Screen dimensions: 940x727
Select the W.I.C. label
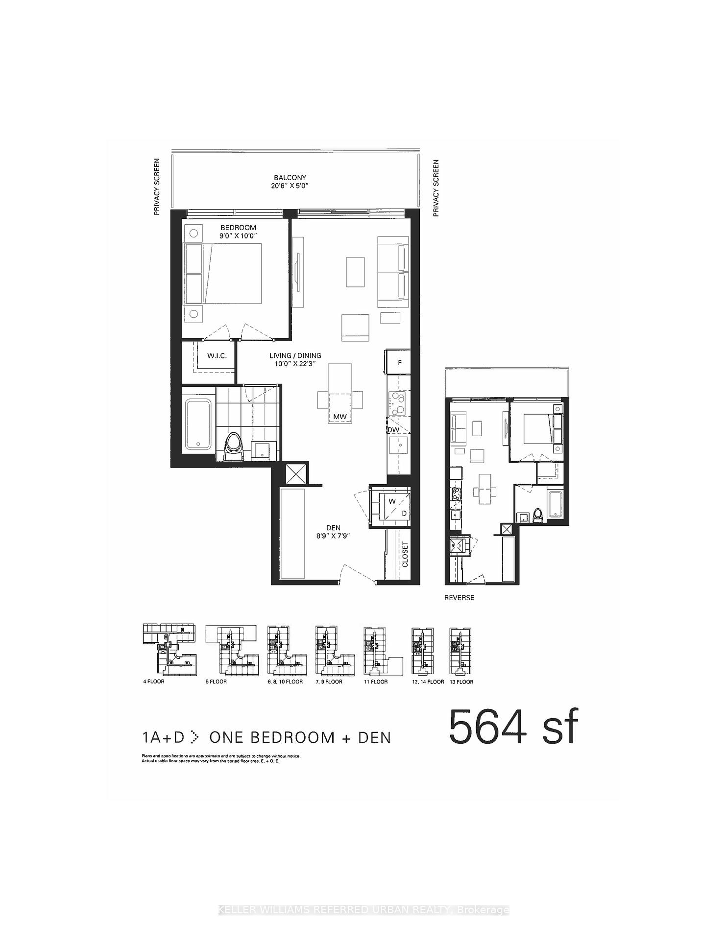pyautogui.click(x=217, y=355)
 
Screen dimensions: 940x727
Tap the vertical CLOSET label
pyautogui.click(x=405, y=554)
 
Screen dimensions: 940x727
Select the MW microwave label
pyautogui.click(x=339, y=417)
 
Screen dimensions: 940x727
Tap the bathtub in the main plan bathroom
pyautogui.click(x=198, y=424)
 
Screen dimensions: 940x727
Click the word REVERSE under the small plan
pyautogui.click(x=459, y=598)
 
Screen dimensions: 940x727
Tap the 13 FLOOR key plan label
pyautogui.click(x=461, y=681)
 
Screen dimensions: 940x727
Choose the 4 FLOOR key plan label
pyautogui.click(x=154, y=681)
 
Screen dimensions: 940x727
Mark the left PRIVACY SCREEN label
pyautogui.click(x=157, y=187)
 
